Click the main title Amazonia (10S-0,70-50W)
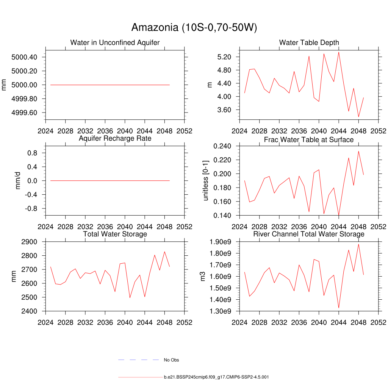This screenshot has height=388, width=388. point(194,27)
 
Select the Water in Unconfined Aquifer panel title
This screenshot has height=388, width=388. point(115,42)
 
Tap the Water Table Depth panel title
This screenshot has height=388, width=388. point(309,42)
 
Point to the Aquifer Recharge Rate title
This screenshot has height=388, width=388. point(115,138)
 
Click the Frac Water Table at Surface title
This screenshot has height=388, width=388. point(309,140)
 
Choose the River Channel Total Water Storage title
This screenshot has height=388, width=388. point(309,234)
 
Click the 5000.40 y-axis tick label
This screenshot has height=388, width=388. point(24,57)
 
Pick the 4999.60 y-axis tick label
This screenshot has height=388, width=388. point(24,113)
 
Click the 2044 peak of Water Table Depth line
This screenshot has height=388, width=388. point(339,52)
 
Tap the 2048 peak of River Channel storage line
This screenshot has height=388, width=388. point(358,244)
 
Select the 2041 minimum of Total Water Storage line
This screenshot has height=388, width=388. point(130,297)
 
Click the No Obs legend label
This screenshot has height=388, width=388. point(171,360)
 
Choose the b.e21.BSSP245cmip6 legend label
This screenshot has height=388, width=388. point(216,377)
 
